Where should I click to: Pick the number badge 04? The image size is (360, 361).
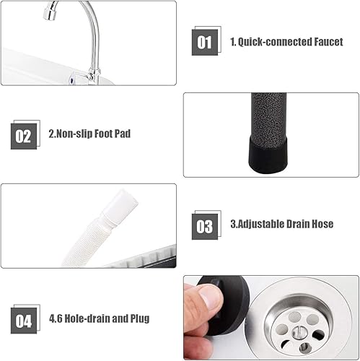pyautogui.click(x=24, y=318)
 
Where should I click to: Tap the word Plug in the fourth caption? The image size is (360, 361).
pyautogui.click(x=139, y=318)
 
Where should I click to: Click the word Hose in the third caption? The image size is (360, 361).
pyautogui.click(x=321, y=224)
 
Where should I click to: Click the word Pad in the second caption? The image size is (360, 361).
pyautogui.click(x=125, y=134)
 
